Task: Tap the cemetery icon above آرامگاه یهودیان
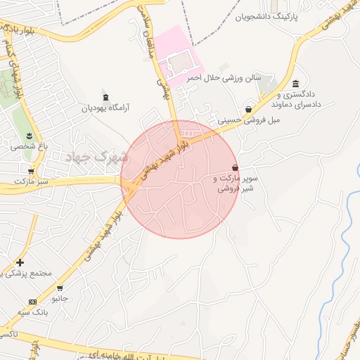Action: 105,96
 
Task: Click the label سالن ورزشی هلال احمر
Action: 224,78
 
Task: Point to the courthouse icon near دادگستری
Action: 295,84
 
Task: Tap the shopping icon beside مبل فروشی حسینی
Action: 249,109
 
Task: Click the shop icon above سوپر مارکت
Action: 234,167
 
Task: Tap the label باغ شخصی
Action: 28,147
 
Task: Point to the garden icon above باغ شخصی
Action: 29,136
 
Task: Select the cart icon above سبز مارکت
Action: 30,171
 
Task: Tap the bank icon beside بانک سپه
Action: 32,301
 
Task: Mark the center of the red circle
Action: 180,179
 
